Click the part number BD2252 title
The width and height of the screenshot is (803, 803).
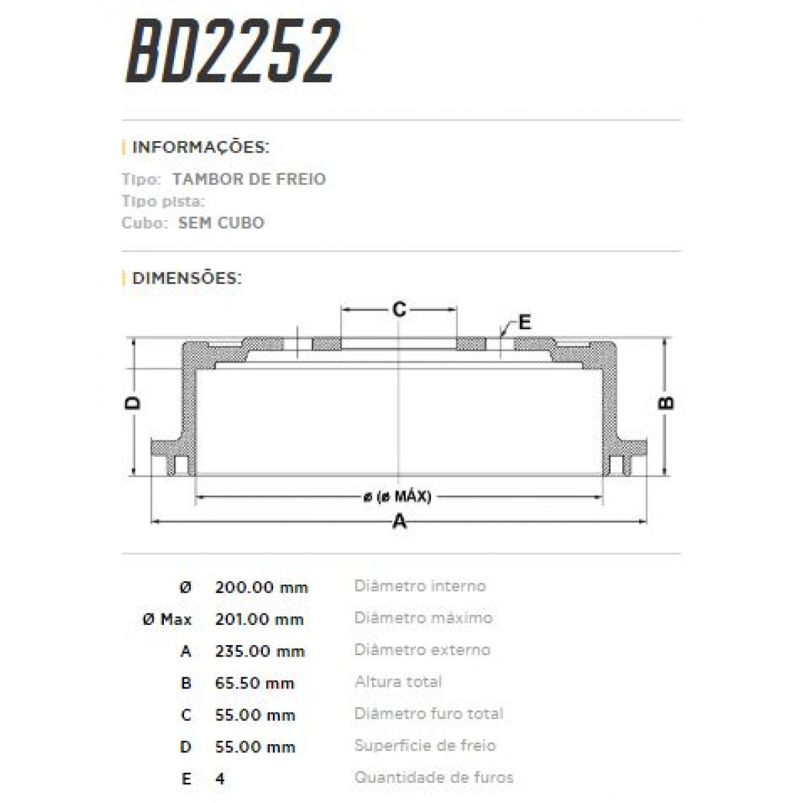232,52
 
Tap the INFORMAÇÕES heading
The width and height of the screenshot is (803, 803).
200,147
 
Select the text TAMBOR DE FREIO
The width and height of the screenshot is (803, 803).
249,179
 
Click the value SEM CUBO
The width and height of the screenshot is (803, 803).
221,223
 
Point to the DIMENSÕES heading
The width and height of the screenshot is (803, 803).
187,278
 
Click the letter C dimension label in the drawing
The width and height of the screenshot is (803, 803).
399,310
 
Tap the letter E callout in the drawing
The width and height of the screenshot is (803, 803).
525,323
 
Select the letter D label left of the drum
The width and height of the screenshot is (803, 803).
134,403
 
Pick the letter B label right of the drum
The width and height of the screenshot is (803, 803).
667,403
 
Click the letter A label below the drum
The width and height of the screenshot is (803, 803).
399,521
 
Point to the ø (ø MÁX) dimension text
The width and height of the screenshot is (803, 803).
397,497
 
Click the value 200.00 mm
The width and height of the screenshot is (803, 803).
262,588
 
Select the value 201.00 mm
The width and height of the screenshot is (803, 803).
260,620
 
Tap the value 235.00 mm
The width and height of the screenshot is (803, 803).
260,651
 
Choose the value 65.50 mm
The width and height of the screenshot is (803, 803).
255,683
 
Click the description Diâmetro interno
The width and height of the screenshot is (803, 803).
420,586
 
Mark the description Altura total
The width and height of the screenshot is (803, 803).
398,682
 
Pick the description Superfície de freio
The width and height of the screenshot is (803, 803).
425,745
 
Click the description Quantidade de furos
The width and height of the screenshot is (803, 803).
434,778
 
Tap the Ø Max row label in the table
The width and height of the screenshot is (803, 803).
167,620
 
